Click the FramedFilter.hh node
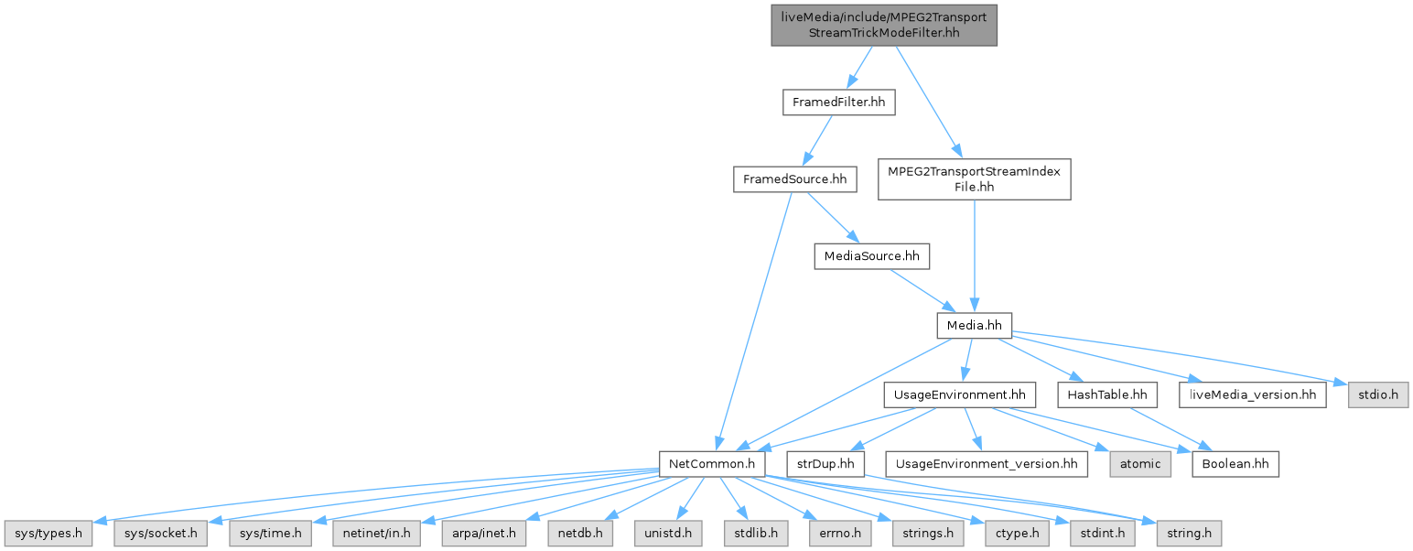(x=838, y=103)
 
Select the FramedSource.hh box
(x=794, y=179)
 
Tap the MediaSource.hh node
(x=871, y=256)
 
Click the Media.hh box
(x=974, y=324)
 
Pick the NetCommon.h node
(x=712, y=464)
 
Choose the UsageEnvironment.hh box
(x=959, y=394)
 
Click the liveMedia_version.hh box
(x=1253, y=394)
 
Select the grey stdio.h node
(x=1377, y=394)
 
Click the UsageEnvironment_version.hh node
(x=987, y=464)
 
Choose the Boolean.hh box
(x=1235, y=464)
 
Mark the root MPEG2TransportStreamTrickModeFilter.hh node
(x=883, y=25)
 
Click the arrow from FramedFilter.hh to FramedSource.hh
(x=816, y=141)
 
